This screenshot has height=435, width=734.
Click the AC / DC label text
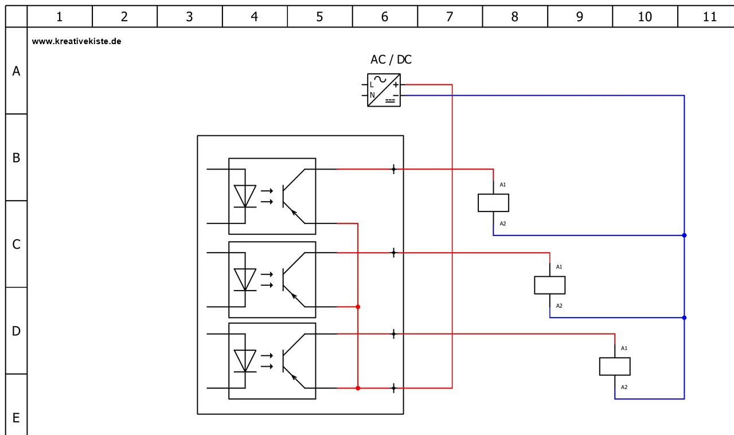(x=391, y=60)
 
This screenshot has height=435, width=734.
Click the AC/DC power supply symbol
(x=384, y=90)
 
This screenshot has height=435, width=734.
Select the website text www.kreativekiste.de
(x=76, y=41)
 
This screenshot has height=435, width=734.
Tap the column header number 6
(x=384, y=17)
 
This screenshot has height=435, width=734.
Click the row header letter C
(x=16, y=244)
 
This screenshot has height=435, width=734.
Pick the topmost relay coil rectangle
(x=493, y=203)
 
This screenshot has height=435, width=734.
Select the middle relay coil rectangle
(x=549, y=285)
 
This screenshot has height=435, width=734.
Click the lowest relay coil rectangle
(x=615, y=366)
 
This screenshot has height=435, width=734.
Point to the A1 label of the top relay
(x=503, y=185)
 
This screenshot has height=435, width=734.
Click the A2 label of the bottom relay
(x=624, y=387)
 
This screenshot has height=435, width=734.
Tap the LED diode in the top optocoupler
(x=245, y=196)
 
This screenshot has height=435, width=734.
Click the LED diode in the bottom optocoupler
(x=245, y=360)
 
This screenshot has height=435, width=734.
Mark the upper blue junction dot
(x=684, y=235)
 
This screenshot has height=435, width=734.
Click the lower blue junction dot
(x=684, y=318)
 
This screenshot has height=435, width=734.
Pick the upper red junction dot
(x=358, y=307)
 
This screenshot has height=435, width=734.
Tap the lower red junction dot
(x=358, y=388)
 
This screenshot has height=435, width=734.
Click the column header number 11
(x=709, y=17)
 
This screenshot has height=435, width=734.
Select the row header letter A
(x=16, y=71)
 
